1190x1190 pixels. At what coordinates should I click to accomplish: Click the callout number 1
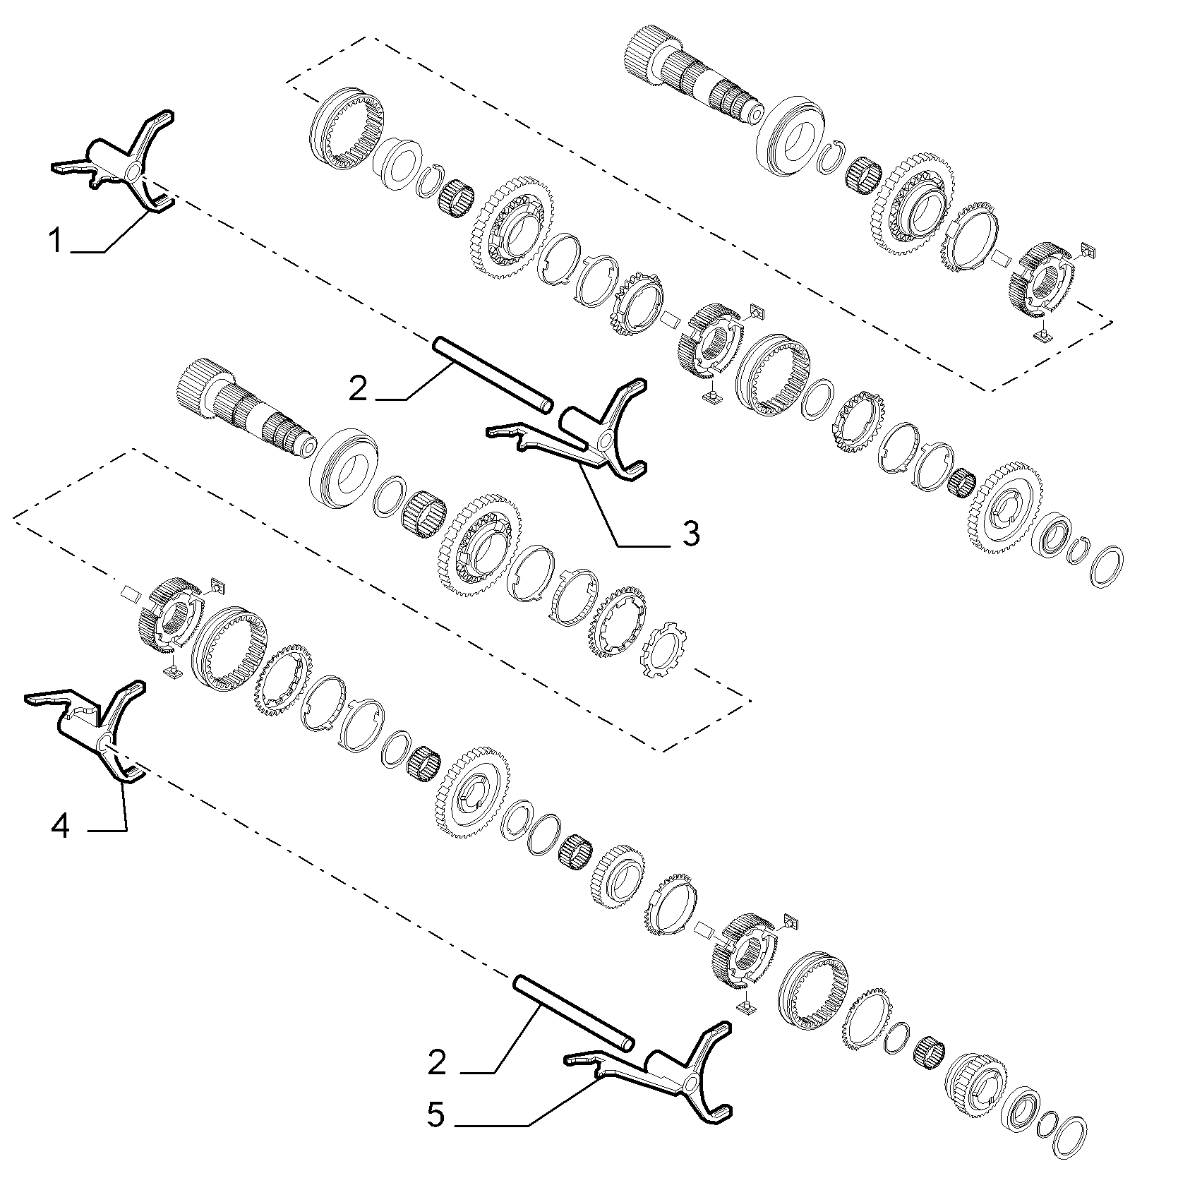54,241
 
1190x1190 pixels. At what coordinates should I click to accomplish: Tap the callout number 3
690,533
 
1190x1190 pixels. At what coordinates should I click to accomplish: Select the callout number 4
61,826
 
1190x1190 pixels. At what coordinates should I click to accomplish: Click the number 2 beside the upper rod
359,387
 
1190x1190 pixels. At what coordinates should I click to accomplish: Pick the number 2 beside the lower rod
437,1062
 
